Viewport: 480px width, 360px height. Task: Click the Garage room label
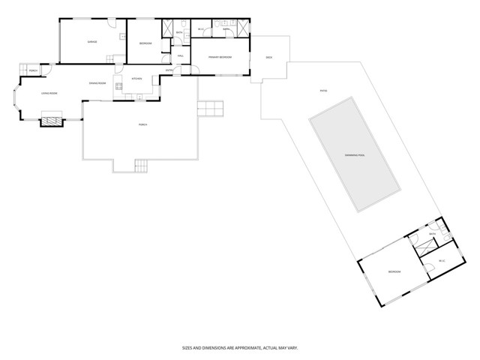93,42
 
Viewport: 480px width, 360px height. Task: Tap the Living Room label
49,93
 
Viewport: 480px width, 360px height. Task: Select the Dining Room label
98,83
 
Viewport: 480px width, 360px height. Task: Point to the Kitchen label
136,79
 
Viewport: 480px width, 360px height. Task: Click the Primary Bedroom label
220,57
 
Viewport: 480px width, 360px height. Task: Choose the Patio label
324,91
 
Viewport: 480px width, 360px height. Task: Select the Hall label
181,57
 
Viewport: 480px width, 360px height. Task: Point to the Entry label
169,71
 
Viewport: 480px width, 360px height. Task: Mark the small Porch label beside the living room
34,70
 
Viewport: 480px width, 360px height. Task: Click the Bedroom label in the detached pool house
394,271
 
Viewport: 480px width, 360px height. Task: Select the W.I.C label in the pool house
442,261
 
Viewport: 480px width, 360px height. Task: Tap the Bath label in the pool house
432,234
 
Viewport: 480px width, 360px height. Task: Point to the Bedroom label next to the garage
145,43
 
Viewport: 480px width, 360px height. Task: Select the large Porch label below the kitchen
142,124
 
